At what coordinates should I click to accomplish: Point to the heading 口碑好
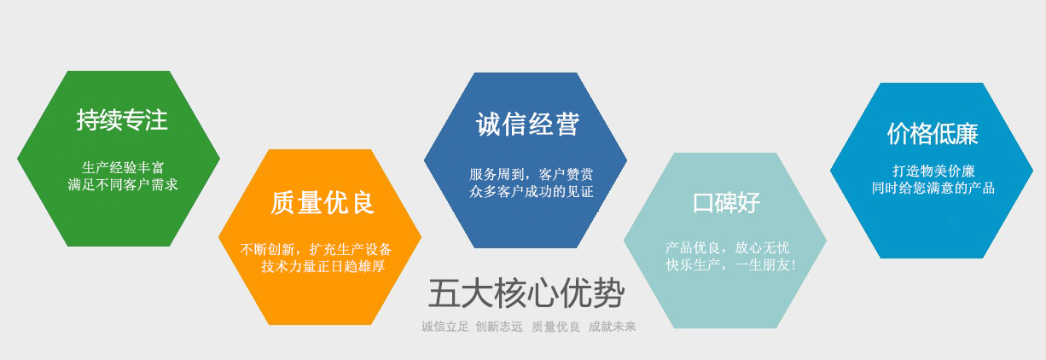(x=727, y=203)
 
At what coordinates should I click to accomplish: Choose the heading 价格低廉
(x=933, y=134)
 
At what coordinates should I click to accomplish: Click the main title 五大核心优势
(x=526, y=293)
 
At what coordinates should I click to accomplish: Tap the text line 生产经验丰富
(x=123, y=167)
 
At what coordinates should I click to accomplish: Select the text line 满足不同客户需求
(x=123, y=184)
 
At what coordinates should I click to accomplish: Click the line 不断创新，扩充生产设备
(x=316, y=249)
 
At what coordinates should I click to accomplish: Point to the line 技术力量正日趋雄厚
(x=323, y=267)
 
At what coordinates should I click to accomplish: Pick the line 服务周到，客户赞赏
(x=531, y=174)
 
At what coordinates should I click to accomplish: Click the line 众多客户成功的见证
(x=531, y=191)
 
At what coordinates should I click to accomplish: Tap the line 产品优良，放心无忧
(x=728, y=247)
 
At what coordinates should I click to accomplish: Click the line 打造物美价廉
(x=933, y=171)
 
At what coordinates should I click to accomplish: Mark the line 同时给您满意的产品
(x=933, y=189)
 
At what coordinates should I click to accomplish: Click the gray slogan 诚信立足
(x=445, y=327)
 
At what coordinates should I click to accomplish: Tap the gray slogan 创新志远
(x=499, y=327)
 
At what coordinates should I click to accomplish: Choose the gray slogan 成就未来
(x=613, y=327)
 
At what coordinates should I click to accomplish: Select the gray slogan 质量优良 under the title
(x=555, y=327)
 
